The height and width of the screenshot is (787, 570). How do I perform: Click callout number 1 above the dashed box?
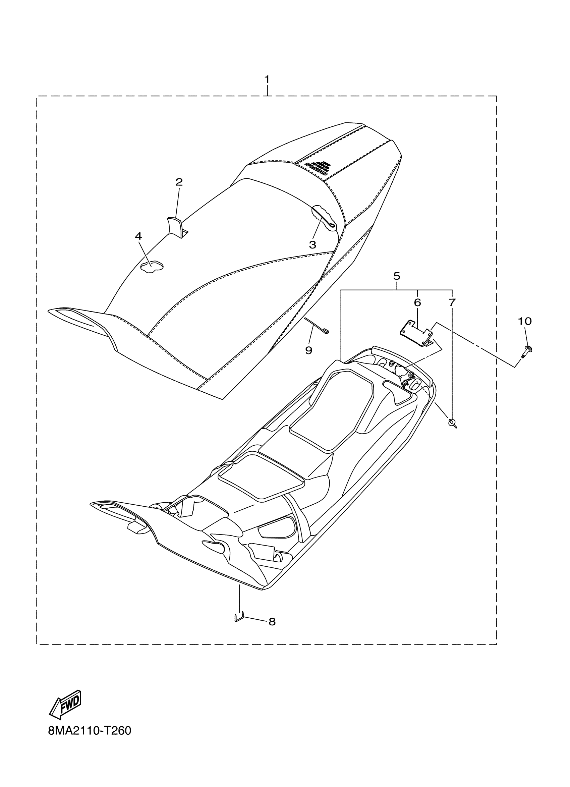click(267, 79)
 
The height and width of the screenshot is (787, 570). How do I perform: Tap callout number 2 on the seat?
click(179, 182)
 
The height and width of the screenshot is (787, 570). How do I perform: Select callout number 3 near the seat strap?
click(312, 245)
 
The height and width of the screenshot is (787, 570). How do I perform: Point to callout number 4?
click(138, 236)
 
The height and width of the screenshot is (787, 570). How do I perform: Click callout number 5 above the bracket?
click(397, 276)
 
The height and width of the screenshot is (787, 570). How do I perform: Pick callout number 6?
click(417, 302)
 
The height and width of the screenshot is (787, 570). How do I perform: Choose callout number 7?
click(451, 302)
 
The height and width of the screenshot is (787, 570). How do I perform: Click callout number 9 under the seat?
click(308, 350)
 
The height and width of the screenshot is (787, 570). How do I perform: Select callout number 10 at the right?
click(524, 321)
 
